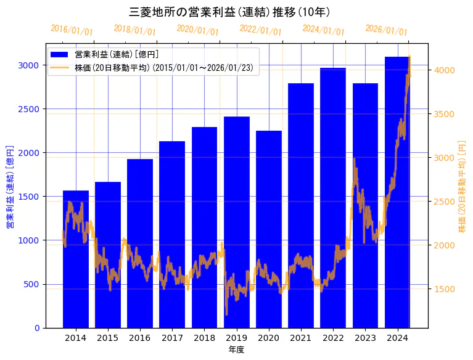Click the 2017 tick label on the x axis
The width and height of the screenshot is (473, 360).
point(172,338)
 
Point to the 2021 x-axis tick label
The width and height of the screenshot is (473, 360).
point(301,338)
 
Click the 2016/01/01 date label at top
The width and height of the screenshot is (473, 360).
point(72,30)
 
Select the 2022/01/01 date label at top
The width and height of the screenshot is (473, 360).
point(260,30)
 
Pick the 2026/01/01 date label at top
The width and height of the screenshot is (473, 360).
point(386,30)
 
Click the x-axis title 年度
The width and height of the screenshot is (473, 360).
point(236,350)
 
